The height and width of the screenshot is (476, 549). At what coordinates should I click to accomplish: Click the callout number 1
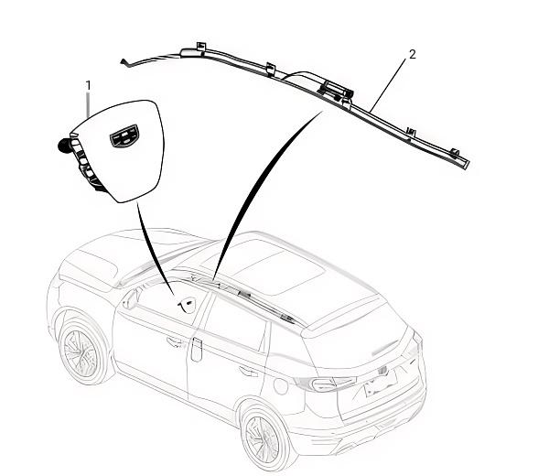88,85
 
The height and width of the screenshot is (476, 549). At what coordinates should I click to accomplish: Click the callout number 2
413,54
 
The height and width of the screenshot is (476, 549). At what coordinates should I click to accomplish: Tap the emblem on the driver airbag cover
124,135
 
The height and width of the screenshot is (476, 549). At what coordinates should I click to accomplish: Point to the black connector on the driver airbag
65,146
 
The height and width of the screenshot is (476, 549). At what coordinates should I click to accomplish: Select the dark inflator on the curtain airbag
335,89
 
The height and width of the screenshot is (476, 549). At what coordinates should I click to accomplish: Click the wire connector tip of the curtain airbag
124,62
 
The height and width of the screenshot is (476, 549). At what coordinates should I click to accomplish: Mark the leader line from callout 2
388,85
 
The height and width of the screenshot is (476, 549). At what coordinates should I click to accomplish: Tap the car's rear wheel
264,438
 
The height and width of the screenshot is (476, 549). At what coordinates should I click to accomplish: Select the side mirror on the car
130,300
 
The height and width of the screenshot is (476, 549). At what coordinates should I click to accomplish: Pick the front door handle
175,342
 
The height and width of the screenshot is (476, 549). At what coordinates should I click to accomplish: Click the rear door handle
248,371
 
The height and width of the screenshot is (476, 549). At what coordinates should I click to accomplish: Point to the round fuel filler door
281,385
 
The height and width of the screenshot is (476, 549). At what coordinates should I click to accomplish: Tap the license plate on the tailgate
381,383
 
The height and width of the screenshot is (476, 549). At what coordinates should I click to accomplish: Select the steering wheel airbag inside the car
188,305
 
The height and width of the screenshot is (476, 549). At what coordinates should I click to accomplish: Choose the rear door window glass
235,323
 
